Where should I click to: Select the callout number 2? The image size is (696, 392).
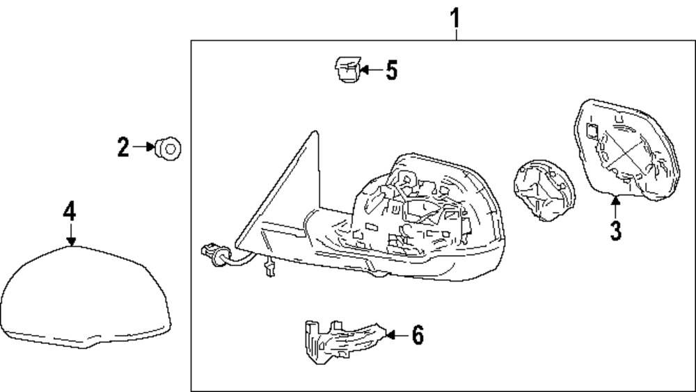123,147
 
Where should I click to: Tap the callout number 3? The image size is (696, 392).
615,230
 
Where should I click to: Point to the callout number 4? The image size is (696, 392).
69,211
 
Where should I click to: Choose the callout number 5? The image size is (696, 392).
391,70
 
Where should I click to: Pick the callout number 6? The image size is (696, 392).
416,335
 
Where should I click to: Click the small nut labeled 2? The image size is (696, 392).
168,147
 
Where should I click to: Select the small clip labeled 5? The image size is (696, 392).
346,70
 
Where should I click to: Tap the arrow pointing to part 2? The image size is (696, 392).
144,147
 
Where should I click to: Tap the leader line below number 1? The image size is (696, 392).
457,33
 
